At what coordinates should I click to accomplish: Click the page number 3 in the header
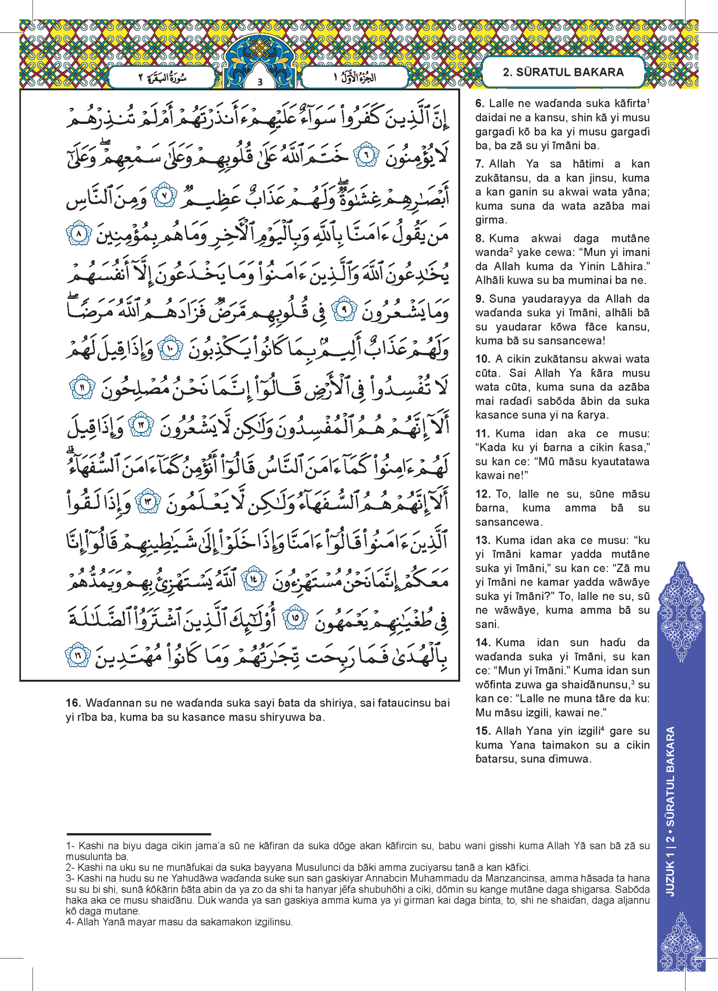tap(260, 82)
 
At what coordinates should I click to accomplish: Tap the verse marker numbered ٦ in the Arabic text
tap(367, 155)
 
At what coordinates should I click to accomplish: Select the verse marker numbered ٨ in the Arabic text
tap(79, 234)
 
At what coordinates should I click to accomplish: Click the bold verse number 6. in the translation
tap(480, 104)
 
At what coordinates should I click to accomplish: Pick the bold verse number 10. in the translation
tap(483, 359)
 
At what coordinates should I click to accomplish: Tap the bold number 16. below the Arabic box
tap(74, 703)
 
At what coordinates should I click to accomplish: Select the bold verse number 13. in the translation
tap(483, 540)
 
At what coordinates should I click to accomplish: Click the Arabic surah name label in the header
tap(162, 78)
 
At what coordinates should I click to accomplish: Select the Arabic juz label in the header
tap(355, 78)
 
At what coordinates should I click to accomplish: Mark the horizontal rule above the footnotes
tap(139, 834)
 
